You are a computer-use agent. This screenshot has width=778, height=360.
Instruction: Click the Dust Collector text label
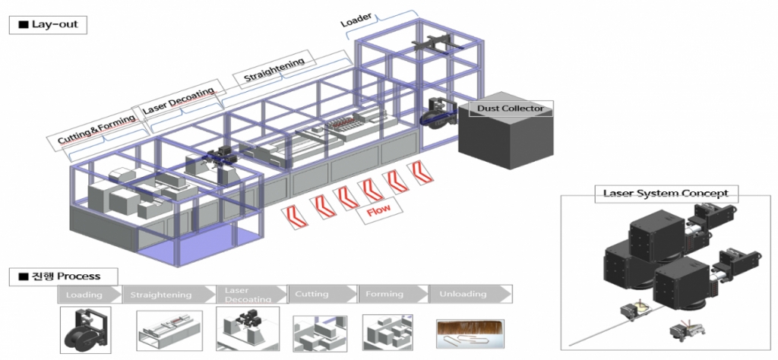click(x=510, y=109)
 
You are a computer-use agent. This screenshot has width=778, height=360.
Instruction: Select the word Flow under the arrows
click(x=378, y=211)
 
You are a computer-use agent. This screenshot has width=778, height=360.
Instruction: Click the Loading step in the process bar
click(x=85, y=294)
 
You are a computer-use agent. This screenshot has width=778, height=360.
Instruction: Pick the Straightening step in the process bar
click(x=161, y=294)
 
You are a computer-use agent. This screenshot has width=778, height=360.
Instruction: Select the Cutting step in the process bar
click(x=312, y=294)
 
